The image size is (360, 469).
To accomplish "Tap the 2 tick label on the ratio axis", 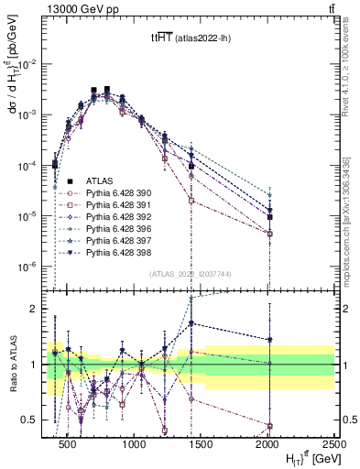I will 38,310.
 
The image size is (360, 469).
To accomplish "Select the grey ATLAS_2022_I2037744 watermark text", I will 190,272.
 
